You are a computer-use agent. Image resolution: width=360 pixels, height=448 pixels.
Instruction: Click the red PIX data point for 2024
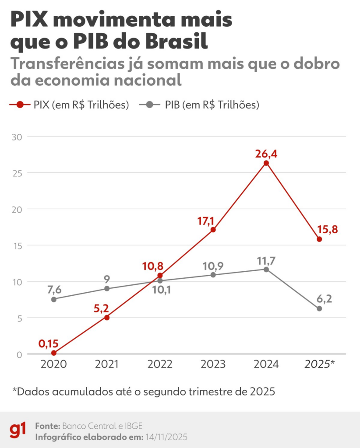coord(266,163)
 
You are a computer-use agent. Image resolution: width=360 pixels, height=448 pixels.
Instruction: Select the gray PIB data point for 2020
coord(54,299)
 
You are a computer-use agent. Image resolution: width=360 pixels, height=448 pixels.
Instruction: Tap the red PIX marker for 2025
coord(319,239)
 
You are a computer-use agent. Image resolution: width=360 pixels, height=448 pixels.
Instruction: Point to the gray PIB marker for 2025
coord(319,308)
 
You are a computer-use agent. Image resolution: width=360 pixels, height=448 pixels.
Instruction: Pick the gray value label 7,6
coord(54,290)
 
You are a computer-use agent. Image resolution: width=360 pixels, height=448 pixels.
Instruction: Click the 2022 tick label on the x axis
coord(159,364)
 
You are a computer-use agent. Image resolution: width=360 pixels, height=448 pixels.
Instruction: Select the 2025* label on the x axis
coord(319,364)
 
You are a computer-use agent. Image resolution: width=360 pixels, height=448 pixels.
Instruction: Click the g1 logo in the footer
coord(18,430)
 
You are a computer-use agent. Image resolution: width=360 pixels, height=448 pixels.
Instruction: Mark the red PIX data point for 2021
coord(107,317)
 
